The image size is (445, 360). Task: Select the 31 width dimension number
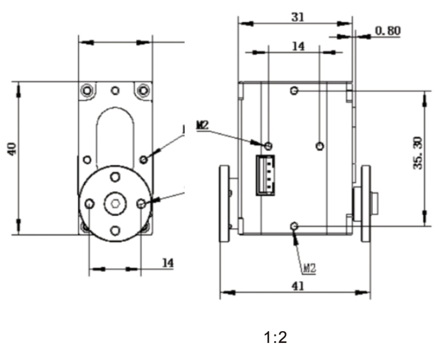[298, 16]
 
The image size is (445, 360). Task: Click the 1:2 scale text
[275, 338]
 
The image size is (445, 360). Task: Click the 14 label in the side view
[299, 46]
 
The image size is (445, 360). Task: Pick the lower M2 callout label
[309, 268]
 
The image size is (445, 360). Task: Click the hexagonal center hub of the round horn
[115, 204]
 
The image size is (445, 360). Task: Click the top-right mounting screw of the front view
[142, 90]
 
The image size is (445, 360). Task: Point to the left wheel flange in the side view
[224, 204]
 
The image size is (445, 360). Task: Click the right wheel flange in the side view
[366, 204]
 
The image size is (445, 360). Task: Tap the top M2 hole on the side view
[295, 91]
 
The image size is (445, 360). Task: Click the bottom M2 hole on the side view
[295, 226]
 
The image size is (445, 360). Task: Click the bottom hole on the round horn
[115, 230]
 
